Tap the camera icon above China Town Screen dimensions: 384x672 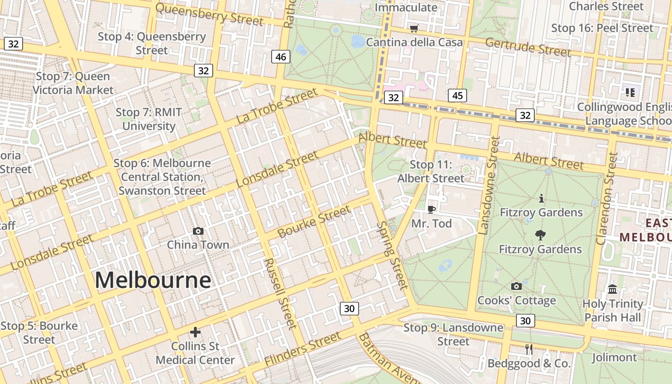198,231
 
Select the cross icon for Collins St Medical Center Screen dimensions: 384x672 195,332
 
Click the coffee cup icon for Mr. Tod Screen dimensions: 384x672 432,209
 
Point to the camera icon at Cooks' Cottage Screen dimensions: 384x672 516,287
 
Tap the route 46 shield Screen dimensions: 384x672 281,57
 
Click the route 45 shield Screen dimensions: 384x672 457,96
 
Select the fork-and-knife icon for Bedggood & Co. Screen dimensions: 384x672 529,349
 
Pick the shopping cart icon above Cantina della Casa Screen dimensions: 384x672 414,29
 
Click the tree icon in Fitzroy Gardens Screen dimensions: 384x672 540,235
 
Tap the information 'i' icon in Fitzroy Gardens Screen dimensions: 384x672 541,198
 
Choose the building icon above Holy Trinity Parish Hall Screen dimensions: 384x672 612,289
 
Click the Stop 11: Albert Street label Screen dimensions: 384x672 431,171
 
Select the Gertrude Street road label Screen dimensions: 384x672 528,47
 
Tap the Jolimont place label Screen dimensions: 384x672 614,358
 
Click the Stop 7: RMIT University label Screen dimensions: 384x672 149,119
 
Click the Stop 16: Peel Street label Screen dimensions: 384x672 602,28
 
